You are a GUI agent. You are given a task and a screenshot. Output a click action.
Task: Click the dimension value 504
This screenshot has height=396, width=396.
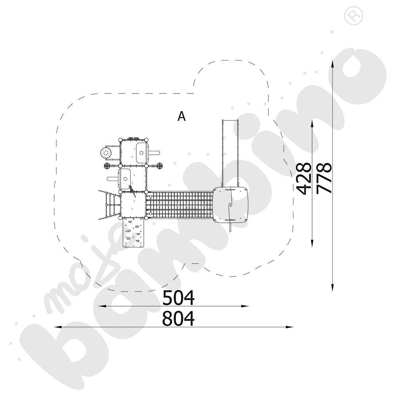click(x=178, y=298)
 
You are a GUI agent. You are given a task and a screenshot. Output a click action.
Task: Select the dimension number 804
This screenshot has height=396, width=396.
click(x=178, y=319)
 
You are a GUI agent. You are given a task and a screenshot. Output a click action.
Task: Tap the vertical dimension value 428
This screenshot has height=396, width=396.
click(x=303, y=179)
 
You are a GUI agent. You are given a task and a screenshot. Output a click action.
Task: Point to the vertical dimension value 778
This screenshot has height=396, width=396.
click(x=324, y=178)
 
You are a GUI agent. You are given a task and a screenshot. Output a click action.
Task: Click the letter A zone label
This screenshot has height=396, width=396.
click(x=182, y=116)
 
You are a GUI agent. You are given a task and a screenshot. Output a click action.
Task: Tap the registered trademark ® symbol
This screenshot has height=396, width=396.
click(x=354, y=16)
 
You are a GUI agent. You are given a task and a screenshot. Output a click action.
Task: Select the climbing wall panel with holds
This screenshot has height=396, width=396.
click(x=133, y=233)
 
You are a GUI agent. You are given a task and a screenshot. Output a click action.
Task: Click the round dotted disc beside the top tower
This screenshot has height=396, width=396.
click(x=106, y=153)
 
